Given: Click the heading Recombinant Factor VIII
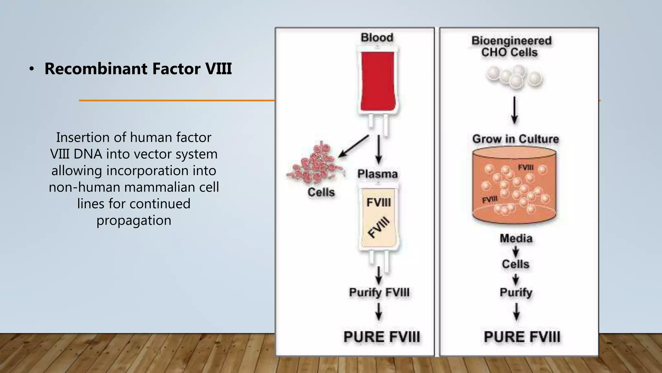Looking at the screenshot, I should [x=138, y=69].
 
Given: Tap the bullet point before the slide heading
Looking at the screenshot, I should [x=31, y=69].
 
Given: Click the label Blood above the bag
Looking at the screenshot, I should [x=377, y=38].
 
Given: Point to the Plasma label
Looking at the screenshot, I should [x=377, y=174].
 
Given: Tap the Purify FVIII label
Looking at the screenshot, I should [x=379, y=292].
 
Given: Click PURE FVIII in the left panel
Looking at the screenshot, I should [x=382, y=337].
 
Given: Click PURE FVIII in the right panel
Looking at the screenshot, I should [x=522, y=337].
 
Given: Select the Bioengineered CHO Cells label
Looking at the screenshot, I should [x=511, y=47].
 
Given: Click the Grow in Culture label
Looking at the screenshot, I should [x=516, y=139].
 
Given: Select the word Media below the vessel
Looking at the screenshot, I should [x=516, y=239].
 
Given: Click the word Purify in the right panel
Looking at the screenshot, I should [x=516, y=292].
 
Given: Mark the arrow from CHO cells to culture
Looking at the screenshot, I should [x=514, y=110].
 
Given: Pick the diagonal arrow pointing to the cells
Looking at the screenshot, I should [x=354, y=146].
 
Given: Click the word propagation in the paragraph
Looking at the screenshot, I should [x=134, y=220].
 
